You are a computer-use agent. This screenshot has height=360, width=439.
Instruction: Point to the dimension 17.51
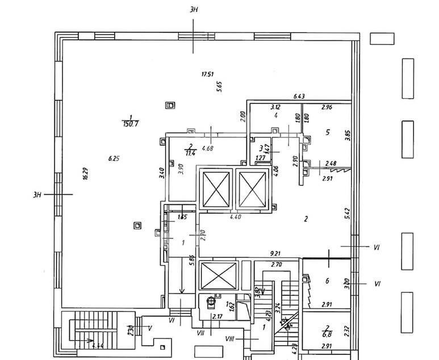coord(207,74)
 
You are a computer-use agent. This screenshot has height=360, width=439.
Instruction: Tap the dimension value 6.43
coord(299,97)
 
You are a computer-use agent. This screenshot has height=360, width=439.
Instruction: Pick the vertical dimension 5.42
coord(347,213)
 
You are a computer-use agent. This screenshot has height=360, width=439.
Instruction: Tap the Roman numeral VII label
coord(200,331)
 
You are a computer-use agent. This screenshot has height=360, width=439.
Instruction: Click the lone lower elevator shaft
coord(218,275)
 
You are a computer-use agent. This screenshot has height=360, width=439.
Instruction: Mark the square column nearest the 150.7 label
coord(169,105)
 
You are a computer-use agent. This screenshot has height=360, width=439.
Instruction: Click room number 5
coord(327,132)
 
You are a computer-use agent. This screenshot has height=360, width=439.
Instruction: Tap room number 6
coord(327,281)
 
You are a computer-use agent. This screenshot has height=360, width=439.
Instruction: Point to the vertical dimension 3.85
coord(348,135)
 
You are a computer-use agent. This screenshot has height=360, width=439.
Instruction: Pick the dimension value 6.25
coord(114,159)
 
